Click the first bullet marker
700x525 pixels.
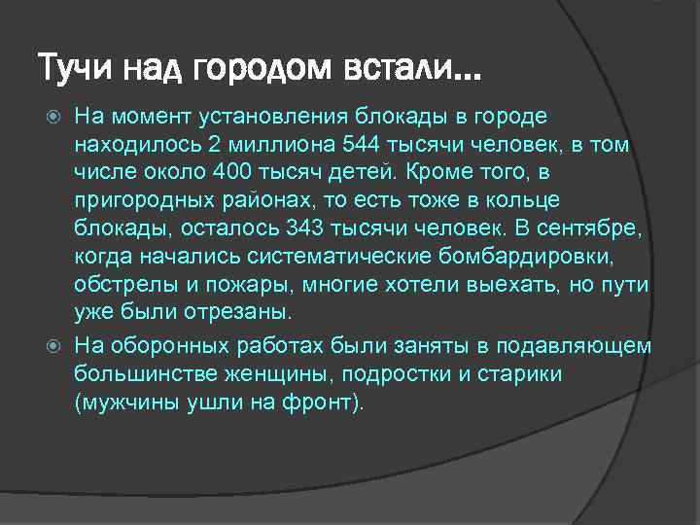(55, 118)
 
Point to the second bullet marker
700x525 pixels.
(55, 347)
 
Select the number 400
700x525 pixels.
(238, 173)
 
